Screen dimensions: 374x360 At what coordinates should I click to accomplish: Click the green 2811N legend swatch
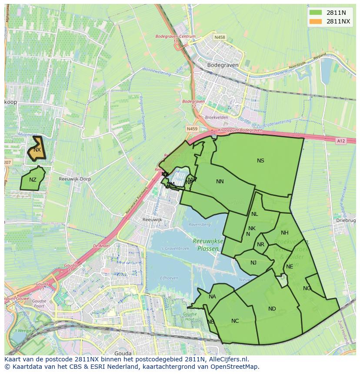[316, 13]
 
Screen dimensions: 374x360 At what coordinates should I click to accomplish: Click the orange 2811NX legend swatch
[316, 21]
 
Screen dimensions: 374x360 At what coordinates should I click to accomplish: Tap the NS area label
[260, 161]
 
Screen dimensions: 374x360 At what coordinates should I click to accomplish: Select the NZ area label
[33, 180]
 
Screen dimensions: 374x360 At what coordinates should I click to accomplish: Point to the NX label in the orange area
[37, 150]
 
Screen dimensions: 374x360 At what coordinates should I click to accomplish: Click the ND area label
[272, 309]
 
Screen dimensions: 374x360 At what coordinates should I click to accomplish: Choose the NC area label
[235, 321]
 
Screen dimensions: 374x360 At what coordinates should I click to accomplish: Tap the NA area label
[212, 297]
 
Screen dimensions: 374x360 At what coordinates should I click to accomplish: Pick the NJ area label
[253, 262]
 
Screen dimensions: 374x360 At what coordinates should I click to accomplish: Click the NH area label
[285, 233]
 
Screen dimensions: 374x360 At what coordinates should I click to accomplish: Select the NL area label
[255, 214]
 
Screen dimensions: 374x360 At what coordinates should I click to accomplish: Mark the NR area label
[261, 245]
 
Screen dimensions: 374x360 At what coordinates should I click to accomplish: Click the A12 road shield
[340, 141]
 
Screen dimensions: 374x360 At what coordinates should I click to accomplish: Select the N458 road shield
[220, 37]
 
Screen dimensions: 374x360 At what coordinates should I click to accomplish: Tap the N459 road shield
[192, 129]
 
